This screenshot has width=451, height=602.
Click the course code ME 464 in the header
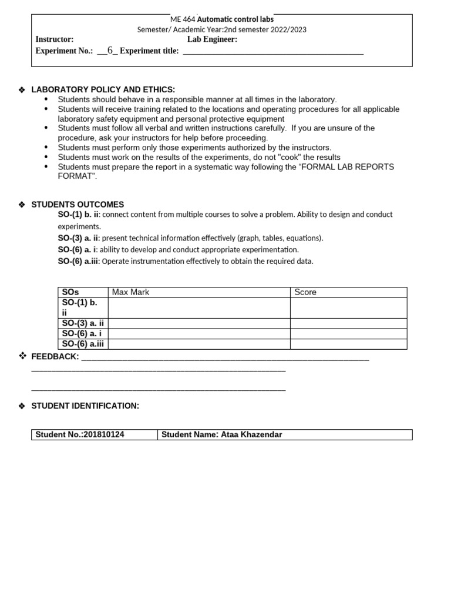coord(183,19)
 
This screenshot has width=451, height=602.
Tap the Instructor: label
coord(55,39)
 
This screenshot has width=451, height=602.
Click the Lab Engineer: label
coord(212,39)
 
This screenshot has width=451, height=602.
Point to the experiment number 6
coord(109,51)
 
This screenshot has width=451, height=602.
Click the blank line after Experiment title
coord(273,52)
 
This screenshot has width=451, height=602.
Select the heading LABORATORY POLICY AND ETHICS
coord(103,89)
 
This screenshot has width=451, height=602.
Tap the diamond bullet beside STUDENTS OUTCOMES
coord(22,205)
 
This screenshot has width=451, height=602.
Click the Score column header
coord(305,292)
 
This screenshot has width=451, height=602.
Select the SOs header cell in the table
coord(70,292)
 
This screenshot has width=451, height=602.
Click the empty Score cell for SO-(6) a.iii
coord(348,345)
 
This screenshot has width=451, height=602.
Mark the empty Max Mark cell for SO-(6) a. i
coord(199,334)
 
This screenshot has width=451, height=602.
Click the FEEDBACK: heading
coord(55,357)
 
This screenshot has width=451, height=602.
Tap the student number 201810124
coord(104,434)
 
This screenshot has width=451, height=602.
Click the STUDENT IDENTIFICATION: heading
coord(85,406)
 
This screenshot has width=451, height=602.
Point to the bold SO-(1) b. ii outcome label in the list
coord(79,215)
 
